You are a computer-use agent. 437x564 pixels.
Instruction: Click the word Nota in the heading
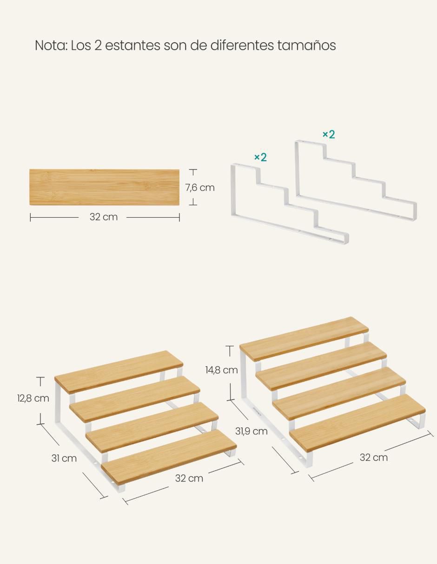51,45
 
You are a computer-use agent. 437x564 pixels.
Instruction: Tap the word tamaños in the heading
306,45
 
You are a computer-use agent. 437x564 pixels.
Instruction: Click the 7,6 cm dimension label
200,188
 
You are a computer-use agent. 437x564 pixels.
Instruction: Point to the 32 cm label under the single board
103,217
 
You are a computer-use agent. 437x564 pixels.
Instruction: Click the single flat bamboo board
104,187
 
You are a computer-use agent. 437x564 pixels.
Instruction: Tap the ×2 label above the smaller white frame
260,157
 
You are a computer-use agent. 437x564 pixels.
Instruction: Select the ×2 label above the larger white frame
329,135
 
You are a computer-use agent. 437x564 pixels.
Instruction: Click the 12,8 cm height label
33,398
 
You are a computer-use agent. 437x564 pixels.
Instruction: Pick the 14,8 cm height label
221,370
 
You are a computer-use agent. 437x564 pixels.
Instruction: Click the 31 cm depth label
64,458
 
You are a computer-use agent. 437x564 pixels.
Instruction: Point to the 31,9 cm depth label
251,431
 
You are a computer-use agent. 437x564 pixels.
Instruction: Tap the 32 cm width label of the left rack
189,478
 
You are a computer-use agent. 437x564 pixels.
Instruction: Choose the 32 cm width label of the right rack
374,458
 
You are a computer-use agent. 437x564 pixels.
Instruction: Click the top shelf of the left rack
119,372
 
